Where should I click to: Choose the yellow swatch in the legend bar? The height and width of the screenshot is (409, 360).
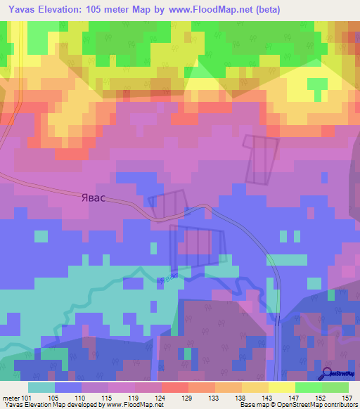[281, 387]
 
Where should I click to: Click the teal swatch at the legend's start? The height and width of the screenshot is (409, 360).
[41, 387]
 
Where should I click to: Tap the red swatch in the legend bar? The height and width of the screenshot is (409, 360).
[174, 387]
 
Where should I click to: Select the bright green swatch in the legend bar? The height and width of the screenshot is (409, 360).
[308, 387]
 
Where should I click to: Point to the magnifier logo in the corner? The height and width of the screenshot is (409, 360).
[328, 373]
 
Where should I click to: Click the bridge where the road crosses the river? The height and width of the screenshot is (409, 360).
[278, 319]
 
